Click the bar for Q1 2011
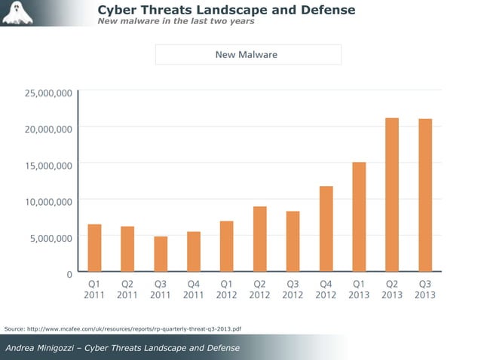click(94, 248)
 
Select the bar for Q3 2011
click(161, 254)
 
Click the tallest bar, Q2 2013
click(392, 195)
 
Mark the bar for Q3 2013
click(425, 196)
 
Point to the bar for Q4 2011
click(194, 252)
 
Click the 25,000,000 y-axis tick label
click(47, 93)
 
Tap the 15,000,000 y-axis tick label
click(47, 165)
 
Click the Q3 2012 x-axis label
click(293, 290)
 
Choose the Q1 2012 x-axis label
click(226, 290)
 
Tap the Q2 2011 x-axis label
click(127, 290)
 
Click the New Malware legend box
click(248, 54)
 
